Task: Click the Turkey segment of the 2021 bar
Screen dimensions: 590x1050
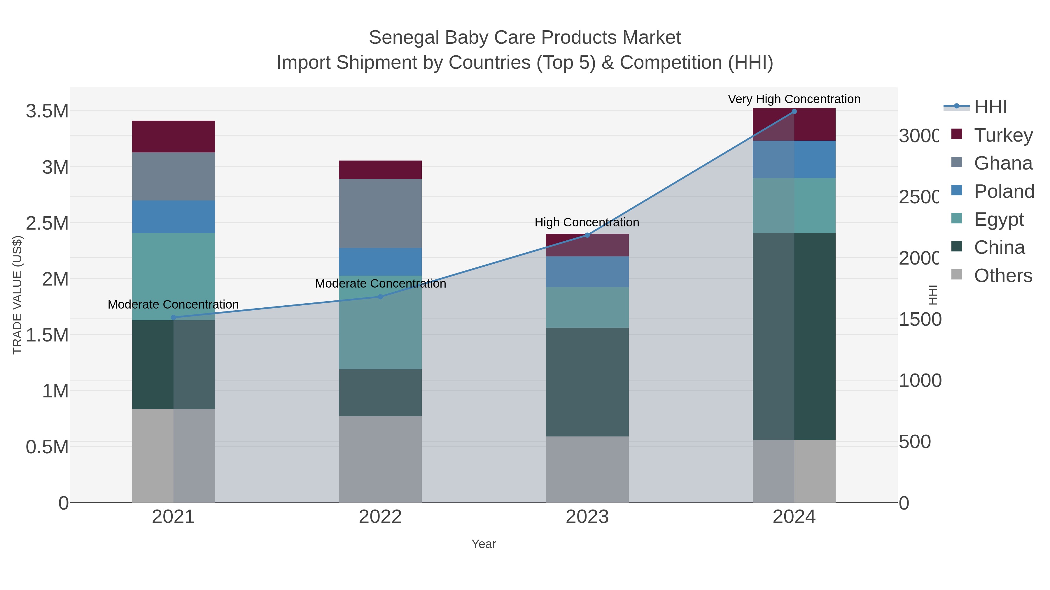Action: click(x=173, y=136)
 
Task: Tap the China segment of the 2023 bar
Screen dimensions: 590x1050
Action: click(x=587, y=382)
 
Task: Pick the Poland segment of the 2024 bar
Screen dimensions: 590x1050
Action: click(x=794, y=159)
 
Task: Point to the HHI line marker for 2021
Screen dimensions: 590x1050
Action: click(x=173, y=317)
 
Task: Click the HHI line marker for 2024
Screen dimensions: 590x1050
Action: click(x=794, y=112)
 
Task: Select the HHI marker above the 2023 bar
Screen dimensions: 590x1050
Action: click(x=587, y=235)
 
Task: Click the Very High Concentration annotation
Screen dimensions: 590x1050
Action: click(x=794, y=99)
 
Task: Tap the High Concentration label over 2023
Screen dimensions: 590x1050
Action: click(x=587, y=222)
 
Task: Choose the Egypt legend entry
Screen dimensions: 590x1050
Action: click(x=998, y=219)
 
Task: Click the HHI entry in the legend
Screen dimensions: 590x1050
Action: click(x=990, y=107)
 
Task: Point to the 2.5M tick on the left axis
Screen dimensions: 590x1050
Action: click(x=47, y=223)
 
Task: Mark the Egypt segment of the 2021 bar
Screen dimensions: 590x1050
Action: click(x=173, y=276)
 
